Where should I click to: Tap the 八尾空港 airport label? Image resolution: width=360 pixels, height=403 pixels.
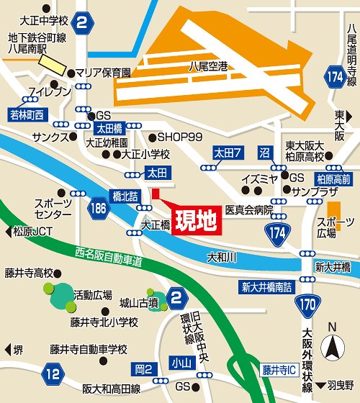click(208, 66)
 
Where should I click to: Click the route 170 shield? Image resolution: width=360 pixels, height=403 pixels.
click(308, 304)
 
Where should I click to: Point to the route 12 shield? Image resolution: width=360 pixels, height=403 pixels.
click(51, 372)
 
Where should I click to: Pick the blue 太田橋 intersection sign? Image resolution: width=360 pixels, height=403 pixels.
click(109, 128)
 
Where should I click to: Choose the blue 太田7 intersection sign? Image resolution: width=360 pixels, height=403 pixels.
click(227, 152)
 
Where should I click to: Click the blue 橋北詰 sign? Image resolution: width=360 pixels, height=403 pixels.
click(124, 195)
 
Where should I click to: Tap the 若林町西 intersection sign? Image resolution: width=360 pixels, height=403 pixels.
click(27, 114)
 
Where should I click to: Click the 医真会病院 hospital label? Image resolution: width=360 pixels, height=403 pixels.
click(249, 210)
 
